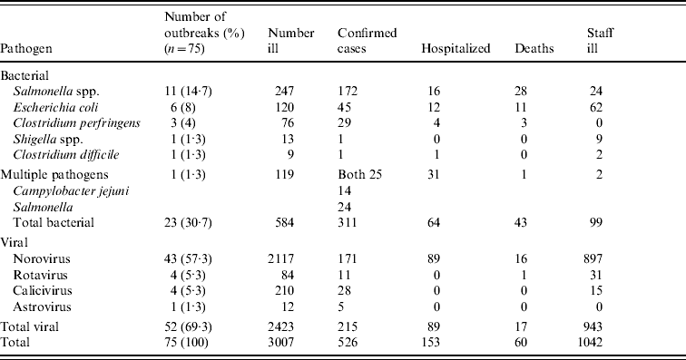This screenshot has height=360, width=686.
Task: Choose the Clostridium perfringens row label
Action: pos(76,123)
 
